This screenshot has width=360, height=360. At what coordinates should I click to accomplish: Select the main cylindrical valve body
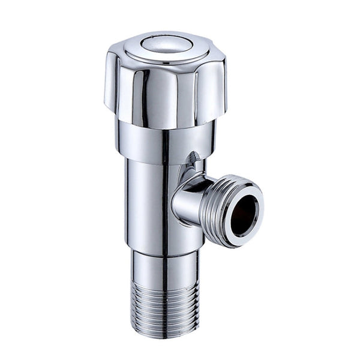click(150, 198)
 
